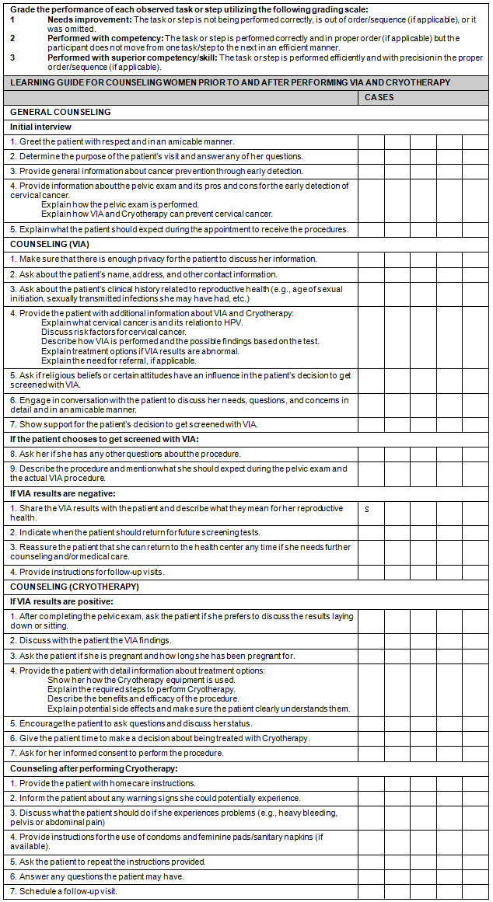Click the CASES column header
pos(379,98)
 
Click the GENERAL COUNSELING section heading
pos(61,112)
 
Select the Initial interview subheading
pos(40,127)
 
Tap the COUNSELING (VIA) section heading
pos(50,244)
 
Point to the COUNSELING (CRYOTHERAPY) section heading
pos(75,587)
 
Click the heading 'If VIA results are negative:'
pos(62,493)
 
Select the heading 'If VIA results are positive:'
pos(61,601)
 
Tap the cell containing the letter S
pos(367,509)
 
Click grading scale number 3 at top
pos(12,57)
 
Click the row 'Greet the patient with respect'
pos(122,141)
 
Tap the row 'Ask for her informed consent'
pos(117,753)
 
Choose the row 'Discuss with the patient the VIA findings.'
pos(91,640)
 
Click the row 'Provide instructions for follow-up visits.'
pos(87,572)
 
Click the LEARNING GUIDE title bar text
pos(229,82)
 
